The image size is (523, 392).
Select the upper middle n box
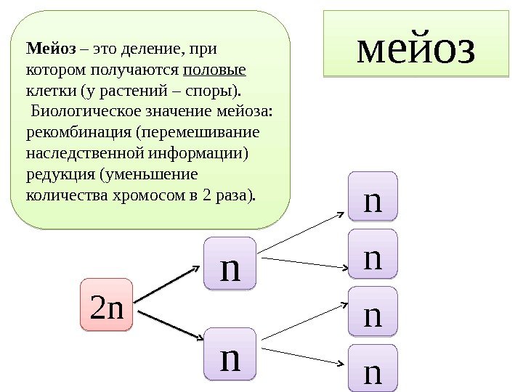[230, 264]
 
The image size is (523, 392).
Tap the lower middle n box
[230, 354]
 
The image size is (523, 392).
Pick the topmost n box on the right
[373, 196]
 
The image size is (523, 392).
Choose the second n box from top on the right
[373, 254]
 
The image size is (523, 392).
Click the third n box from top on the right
[373, 311]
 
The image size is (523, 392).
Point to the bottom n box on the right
[373, 369]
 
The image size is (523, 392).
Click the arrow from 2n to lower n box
[169, 325]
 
